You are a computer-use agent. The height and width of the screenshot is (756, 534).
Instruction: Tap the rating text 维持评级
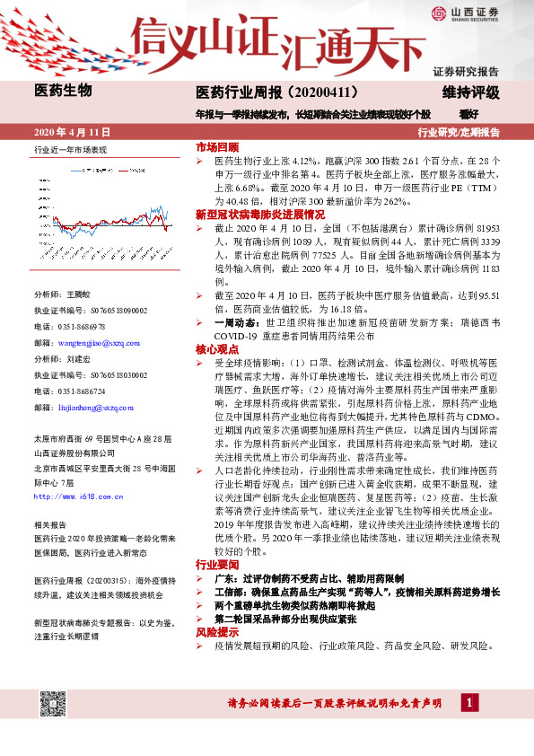click(x=470, y=92)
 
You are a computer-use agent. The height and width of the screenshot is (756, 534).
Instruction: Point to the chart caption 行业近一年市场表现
click(x=70, y=150)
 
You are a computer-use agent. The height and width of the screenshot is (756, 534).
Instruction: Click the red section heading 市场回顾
click(x=217, y=146)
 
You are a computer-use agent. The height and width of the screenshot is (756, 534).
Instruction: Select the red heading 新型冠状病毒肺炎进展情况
click(x=260, y=215)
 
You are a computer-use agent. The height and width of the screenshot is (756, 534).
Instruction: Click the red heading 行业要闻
click(x=217, y=565)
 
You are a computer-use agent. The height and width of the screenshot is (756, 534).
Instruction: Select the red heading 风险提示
click(x=217, y=633)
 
